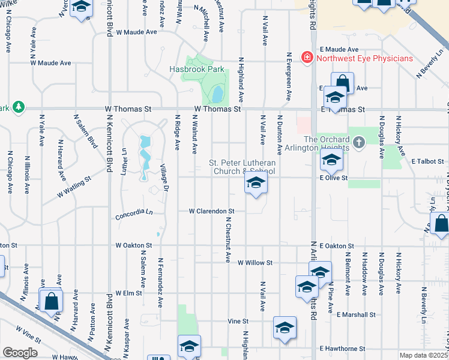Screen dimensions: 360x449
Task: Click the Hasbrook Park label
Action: click(196, 70)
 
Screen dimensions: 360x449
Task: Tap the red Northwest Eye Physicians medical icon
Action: click(307, 58)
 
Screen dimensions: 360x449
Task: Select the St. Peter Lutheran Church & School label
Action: click(242, 167)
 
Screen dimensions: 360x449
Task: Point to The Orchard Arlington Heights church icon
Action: click(359, 143)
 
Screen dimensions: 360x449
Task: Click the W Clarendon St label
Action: click(211, 211)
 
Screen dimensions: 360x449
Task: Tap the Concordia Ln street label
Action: click(133, 212)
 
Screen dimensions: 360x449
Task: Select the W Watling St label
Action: click(74, 186)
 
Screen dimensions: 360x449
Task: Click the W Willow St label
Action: click(255, 263)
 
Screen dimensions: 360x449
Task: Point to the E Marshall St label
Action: click(356, 314)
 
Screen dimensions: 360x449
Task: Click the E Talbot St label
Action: click(427, 161)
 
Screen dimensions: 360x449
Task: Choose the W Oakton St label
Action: click(134, 245)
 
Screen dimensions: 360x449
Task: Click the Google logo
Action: click(20, 353)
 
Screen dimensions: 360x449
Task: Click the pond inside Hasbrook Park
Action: click(217, 93)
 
